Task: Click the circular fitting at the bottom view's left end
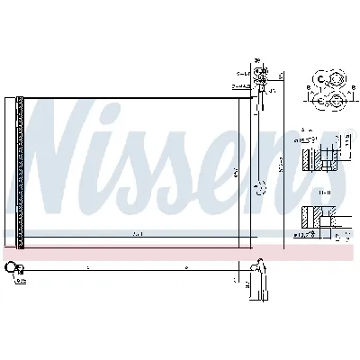pyautogui.click(x=11, y=267)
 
